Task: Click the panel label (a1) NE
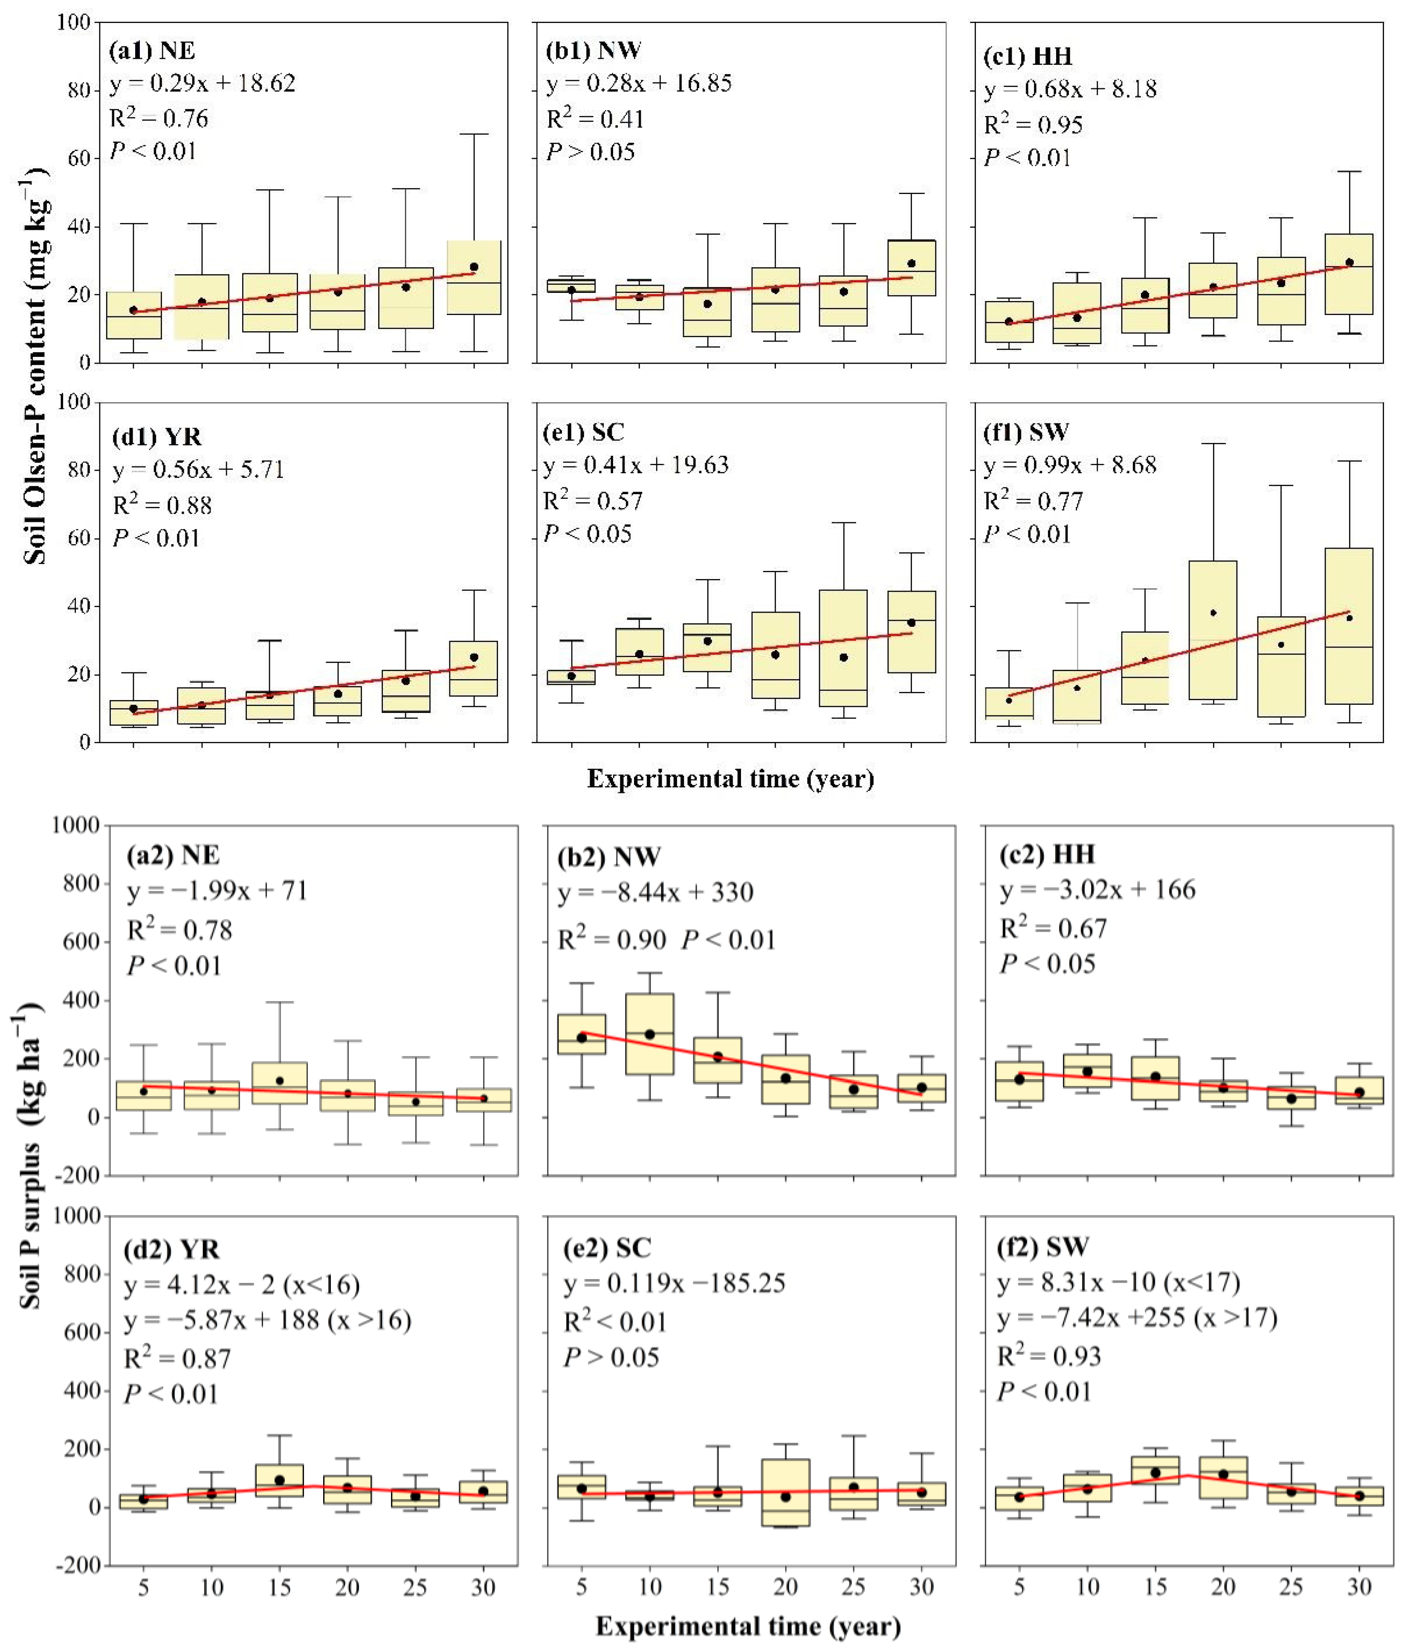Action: click(152, 51)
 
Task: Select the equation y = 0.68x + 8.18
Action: click(1070, 89)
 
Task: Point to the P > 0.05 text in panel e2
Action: click(611, 1357)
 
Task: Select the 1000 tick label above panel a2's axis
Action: click(76, 825)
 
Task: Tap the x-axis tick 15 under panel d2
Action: click(279, 1587)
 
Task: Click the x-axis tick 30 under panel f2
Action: click(1359, 1587)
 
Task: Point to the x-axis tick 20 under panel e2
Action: click(785, 1587)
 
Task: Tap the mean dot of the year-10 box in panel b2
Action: click(649, 1034)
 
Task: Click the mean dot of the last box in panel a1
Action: click(474, 267)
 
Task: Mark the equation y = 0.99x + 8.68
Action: click(1070, 465)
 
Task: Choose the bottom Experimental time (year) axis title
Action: click(748, 1627)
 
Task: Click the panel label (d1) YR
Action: click(156, 437)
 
